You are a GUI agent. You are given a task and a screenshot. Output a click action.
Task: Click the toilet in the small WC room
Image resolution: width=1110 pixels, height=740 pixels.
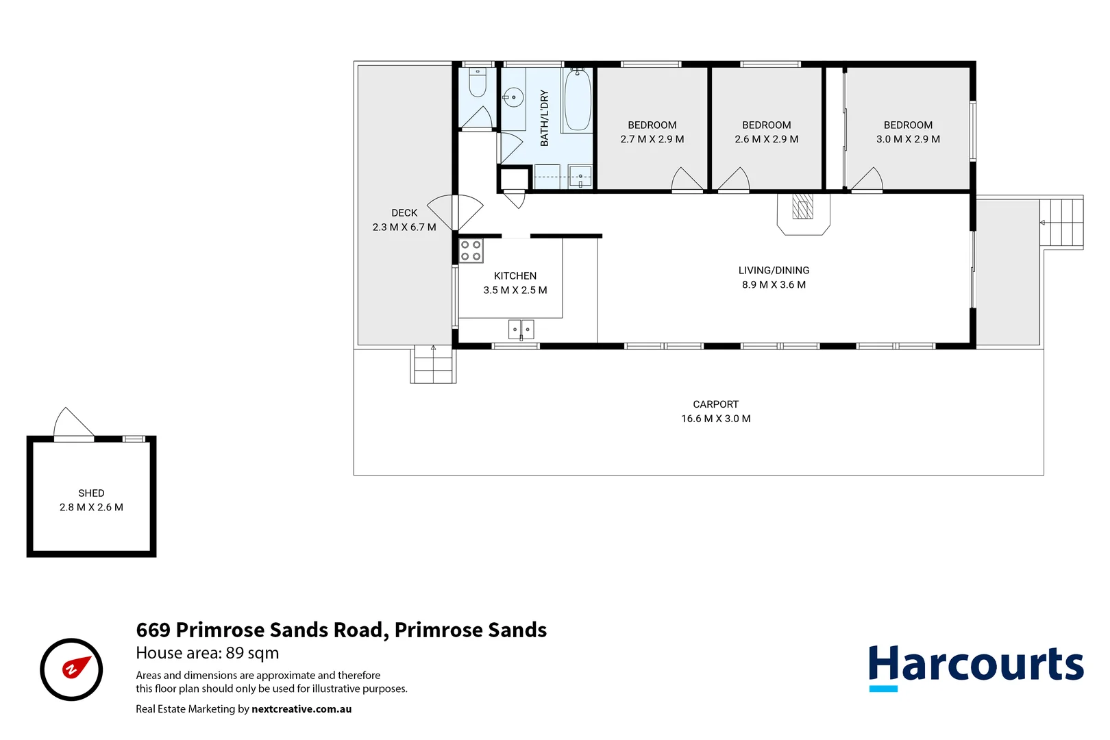click(x=478, y=84)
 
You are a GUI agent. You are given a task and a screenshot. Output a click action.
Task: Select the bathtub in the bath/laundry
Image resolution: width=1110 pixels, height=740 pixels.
click(x=577, y=100)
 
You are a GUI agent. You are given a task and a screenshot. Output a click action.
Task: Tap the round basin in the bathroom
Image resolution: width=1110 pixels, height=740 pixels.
click(x=513, y=98)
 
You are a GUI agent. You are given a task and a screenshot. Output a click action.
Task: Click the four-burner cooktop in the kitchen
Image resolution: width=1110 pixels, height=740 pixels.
click(x=471, y=251)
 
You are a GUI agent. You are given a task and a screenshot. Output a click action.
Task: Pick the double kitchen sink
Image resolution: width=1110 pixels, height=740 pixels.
click(x=521, y=330)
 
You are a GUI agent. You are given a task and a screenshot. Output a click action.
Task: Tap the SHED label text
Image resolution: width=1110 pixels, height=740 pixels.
click(x=91, y=493)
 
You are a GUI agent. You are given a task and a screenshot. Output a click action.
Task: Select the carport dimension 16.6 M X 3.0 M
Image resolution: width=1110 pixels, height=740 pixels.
click(x=715, y=419)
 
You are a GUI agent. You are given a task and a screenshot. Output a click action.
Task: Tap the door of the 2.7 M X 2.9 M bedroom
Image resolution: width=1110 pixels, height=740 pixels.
click(x=687, y=180)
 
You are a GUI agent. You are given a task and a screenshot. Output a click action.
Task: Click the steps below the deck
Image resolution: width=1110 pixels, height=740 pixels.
click(x=434, y=365)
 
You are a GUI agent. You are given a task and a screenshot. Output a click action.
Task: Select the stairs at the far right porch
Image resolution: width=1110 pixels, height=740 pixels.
click(x=1061, y=223)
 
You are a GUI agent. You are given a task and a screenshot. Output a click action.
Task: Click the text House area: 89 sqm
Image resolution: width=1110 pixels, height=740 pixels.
click(x=207, y=653)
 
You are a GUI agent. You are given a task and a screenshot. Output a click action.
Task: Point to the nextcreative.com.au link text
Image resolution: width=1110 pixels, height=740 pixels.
click(x=301, y=709)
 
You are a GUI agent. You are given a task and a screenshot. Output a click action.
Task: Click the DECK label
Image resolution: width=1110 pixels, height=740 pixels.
click(x=404, y=213)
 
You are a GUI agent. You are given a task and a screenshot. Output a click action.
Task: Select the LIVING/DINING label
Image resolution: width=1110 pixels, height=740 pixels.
click(x=774, y=271)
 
